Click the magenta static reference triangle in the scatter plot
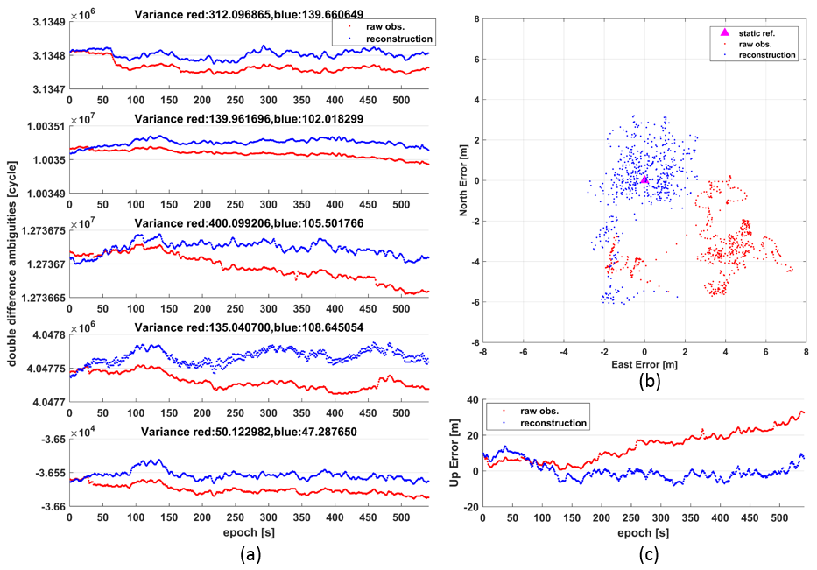tap(644, 179)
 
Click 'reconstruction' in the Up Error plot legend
tap(558, 423)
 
